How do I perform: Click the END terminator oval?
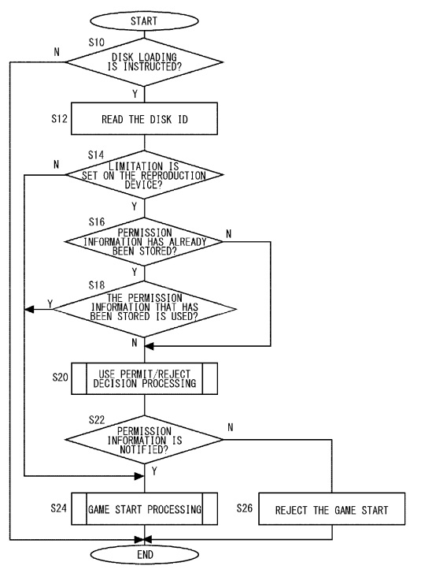[144, 555]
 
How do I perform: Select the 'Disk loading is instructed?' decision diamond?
[144, 62]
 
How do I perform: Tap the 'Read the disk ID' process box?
[144, 121]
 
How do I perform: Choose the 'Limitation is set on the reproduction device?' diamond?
[144, 174]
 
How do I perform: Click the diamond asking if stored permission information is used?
[144, 309]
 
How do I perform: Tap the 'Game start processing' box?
[144, 508]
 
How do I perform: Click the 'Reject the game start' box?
[331, 509]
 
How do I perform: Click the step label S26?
[246, 509]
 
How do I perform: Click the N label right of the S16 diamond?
[229, 233]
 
